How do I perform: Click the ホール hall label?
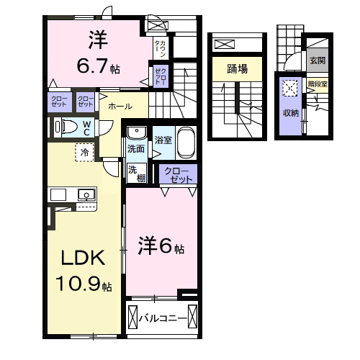(120, 106)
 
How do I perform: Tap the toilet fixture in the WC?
(67, 127)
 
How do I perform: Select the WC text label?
(86, 127)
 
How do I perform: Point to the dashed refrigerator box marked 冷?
(85, 153)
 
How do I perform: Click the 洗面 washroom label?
(135, 148)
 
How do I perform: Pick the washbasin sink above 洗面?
(135, 133)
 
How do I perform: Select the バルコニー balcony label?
(163, 317)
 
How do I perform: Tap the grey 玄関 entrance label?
(317, 60)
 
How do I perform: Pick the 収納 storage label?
(290, 113)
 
